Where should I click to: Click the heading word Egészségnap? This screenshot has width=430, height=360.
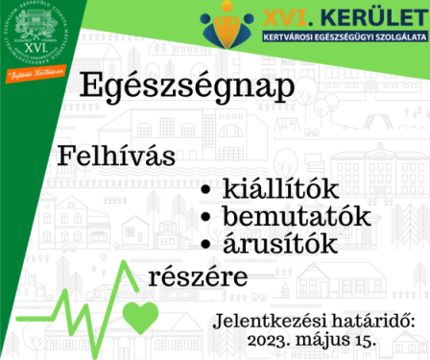[188, 87]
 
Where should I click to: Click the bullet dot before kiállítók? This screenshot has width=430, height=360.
[204, 190]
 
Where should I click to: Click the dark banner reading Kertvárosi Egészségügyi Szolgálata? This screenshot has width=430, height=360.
[344, 37]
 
